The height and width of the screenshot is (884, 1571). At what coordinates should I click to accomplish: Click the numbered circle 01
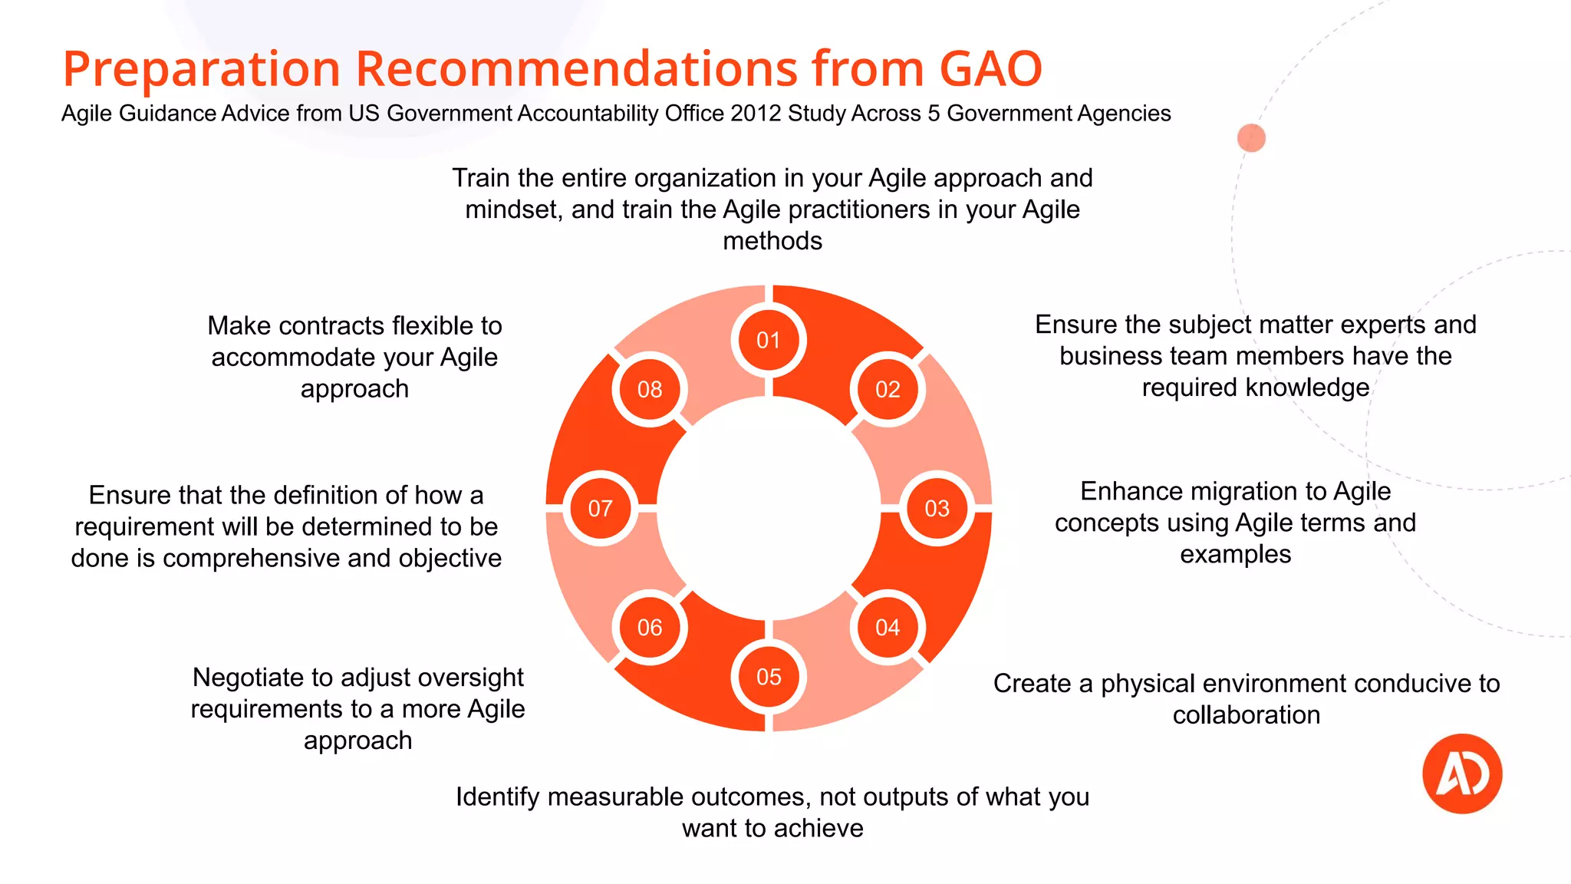(769, 340)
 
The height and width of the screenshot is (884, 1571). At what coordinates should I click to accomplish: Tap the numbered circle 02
(888, 389)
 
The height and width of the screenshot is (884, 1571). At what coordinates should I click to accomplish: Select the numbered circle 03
(937, 508)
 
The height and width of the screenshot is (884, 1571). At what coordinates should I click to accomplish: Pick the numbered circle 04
(888, 628)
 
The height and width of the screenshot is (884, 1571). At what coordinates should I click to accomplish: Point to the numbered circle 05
(769, 677)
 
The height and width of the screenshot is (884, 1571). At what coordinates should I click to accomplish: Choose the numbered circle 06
(650, 628)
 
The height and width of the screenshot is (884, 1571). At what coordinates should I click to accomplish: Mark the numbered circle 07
(600, 508)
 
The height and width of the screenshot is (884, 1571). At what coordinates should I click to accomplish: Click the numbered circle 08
(650, 389)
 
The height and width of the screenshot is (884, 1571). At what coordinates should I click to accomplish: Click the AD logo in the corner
(1462, 773)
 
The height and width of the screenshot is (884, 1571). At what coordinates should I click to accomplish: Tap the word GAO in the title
(990, 69)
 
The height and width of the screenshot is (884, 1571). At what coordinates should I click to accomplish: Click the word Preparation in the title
(202, 69)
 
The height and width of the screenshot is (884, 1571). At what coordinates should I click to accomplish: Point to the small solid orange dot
(1251, 138)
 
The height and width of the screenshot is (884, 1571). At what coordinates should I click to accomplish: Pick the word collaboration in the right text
(1247, 715)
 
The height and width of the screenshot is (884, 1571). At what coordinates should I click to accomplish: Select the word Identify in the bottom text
(498, 797)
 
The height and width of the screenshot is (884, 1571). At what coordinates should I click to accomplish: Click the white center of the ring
(769, 508)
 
